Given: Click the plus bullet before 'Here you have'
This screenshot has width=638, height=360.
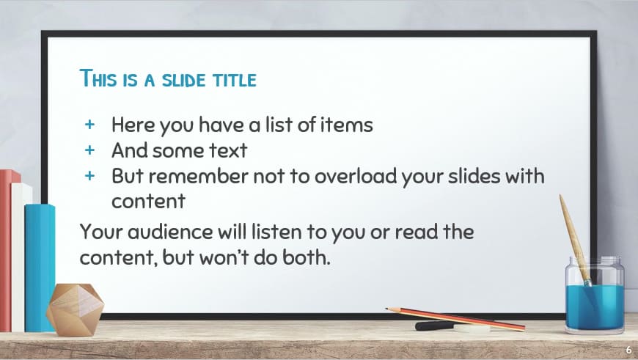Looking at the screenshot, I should pos(90,125).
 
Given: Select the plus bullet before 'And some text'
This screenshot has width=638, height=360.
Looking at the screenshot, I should pos(90,150).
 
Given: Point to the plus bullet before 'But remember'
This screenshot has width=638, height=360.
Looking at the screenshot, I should pos(90,176).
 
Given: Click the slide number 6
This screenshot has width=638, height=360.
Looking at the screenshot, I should pos(628,350).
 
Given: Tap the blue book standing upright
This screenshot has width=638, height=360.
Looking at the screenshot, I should pos(40,264).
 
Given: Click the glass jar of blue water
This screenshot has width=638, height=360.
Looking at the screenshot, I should pos(595,293).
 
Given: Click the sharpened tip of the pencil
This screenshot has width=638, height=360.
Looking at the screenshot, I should pos(389,309).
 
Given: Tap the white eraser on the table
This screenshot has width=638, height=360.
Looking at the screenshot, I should pos(472,328).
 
